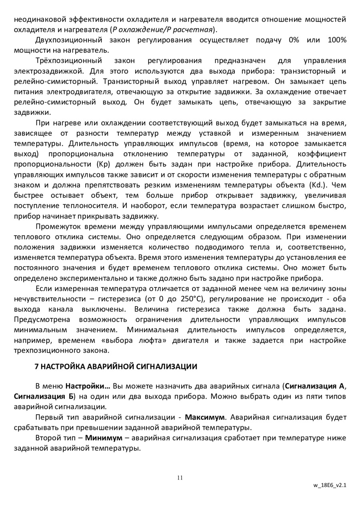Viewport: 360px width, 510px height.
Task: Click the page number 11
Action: pos(180,478)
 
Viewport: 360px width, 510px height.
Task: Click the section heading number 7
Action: pos(36,366)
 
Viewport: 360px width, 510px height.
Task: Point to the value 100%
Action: pos(337,40)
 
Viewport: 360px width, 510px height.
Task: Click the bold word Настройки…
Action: pos(88,386)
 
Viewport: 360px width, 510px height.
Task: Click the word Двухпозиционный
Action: pos(69,40)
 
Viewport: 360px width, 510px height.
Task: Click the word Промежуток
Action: pos(57,227)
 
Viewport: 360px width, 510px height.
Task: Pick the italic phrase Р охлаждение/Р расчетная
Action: pos(162,30)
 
